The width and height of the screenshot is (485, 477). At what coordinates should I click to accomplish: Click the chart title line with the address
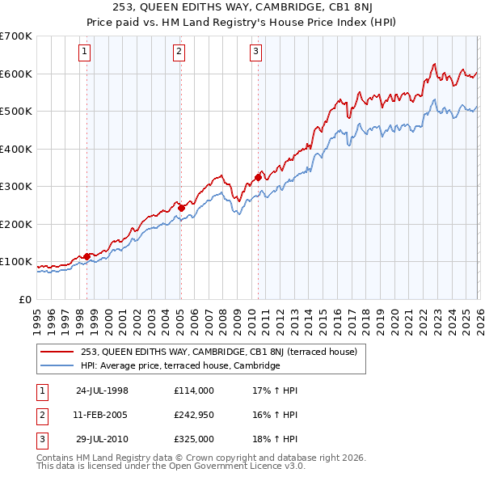tap(242, 7)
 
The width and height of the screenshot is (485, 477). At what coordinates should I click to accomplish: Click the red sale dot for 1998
tap(86, 256)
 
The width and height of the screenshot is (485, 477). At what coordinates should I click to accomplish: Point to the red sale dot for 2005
tap(181, 208)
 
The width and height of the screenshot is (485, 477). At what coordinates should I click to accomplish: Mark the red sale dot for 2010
tap(259, 177)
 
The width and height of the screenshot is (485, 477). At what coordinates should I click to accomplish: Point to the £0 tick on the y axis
tap(26, 300)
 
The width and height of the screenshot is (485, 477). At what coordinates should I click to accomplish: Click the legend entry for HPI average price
tap(179, 365)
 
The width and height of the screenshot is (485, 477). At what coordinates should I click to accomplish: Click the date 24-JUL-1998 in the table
tap(102, 390)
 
